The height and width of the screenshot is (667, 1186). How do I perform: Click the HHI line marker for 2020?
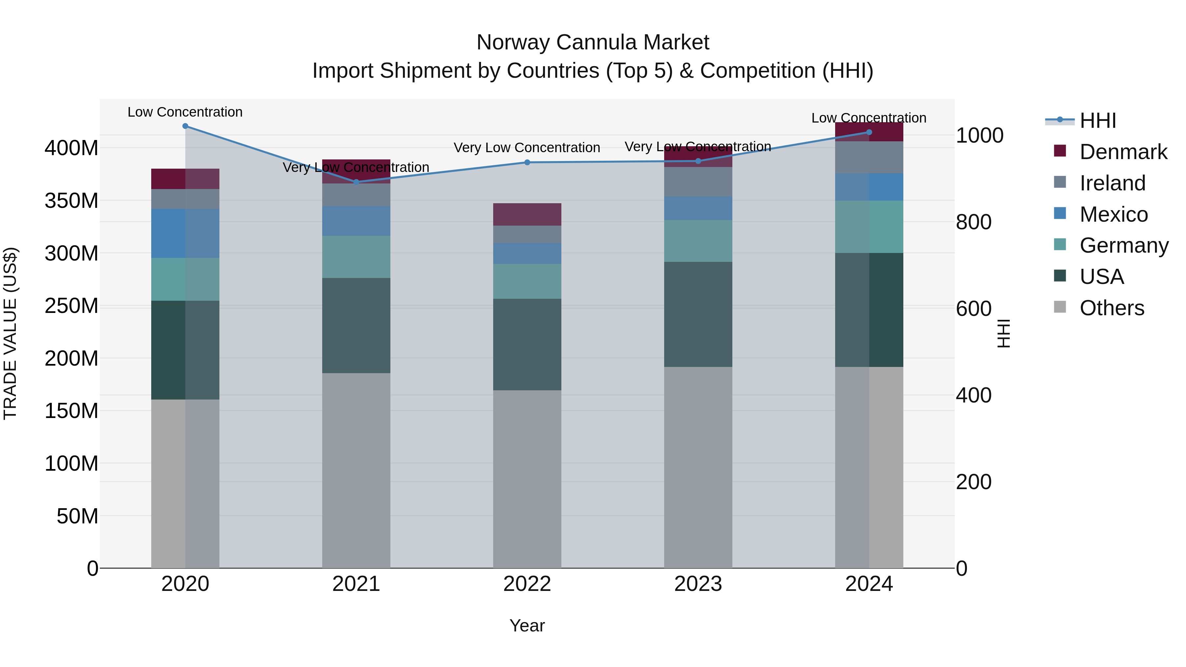(x=185, y=126)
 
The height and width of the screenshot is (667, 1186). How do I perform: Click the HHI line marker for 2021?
(x=356, y=182)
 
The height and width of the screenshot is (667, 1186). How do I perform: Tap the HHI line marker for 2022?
(x=527, y=162)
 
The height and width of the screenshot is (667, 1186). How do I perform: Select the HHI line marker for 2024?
(x=869, y=132)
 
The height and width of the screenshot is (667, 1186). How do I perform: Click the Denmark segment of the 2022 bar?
(x=527, y=214)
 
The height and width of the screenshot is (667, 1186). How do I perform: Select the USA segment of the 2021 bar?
(x=356, y=325)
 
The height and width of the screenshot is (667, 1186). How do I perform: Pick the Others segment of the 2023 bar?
(x=698, y=467)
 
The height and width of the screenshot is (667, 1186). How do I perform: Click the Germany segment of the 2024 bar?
(x=869, y=227)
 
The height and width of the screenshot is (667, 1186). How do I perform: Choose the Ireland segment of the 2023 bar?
(x=698, y=181)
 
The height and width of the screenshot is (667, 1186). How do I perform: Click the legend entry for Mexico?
(x=1113, y=214)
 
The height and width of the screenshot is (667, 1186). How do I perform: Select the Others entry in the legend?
(x=1112, y=308)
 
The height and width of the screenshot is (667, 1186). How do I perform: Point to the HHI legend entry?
(x=1098, y=120)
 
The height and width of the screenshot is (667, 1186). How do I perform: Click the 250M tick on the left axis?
(x=71, y=306)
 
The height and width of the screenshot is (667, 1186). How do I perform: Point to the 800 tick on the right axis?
(x=973, y=222)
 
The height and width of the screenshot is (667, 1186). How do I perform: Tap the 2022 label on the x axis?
(x=527, y=584)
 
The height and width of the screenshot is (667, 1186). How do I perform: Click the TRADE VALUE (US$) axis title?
(x=10, y=333)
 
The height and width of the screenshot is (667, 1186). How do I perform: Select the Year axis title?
(x=527, y=625)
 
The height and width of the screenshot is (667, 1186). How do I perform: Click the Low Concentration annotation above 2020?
(x=185, y=112)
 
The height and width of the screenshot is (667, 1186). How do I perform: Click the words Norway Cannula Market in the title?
(x=593, y=42)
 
